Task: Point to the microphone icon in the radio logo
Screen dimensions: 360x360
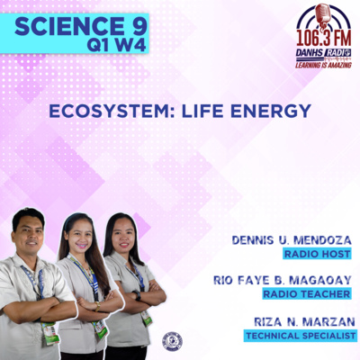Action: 323,14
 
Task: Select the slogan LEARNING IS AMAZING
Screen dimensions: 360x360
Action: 324,64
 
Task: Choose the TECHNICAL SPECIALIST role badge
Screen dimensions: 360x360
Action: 300,336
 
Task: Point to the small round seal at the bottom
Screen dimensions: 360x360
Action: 171,341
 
